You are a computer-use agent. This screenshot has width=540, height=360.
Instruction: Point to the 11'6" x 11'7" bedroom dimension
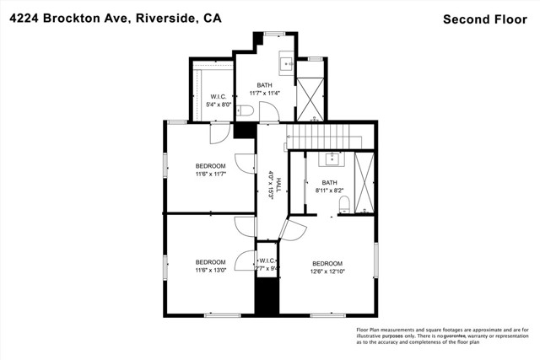click(x=210, y=174)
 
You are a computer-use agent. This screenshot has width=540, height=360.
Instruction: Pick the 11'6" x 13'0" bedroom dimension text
click(x=210, y=271)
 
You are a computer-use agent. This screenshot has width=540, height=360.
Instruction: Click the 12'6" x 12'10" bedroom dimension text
click(x=328, y=271)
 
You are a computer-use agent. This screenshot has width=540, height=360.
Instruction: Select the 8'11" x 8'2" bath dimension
click(x=329, y=191)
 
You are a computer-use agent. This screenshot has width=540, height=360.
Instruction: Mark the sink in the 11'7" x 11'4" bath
click(x=285, y=62)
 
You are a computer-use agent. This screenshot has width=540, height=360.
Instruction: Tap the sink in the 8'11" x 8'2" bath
click(x=332, y=158)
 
